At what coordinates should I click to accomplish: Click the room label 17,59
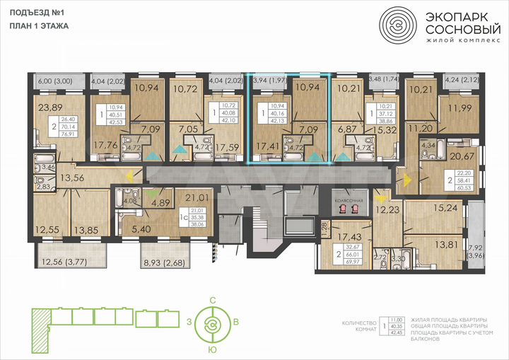click(228, 148)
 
